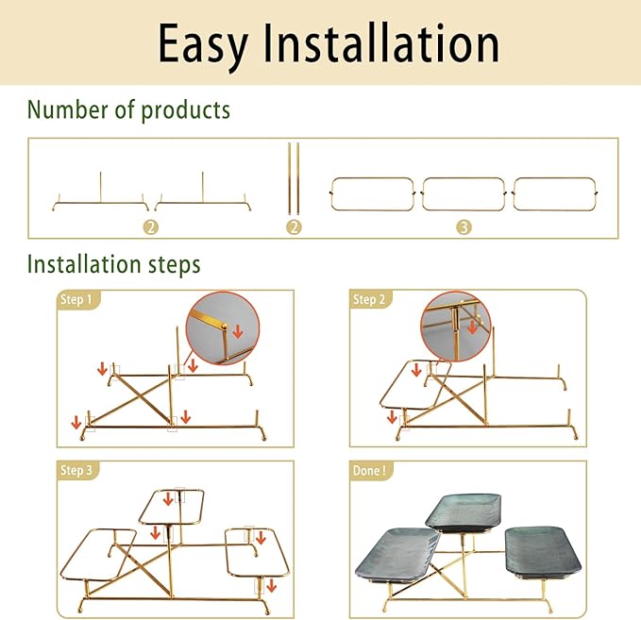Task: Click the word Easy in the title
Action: [x=203, y=44]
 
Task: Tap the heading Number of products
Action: [x=128, y=110]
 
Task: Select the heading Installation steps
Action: [x=113, y=264]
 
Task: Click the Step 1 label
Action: [x=76, y=299]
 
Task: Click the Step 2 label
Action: [x=369, y=299]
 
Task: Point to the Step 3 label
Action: [x=76, y=470]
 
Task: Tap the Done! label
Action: [x=369, y=470]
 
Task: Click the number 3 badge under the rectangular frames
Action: [x=464, y=227]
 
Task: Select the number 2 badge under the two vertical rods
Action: [x=294, y=227]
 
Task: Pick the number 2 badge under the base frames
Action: [x=151, y=227]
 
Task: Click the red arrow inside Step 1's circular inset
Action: [x=238, y=331]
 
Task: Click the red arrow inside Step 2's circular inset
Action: [x=473, y=327]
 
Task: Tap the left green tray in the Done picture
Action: [x=396, y=555]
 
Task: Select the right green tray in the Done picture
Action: [x=543, y=552]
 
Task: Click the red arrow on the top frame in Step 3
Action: [x=168, y=499]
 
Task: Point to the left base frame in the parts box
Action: [x=101, y=202]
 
